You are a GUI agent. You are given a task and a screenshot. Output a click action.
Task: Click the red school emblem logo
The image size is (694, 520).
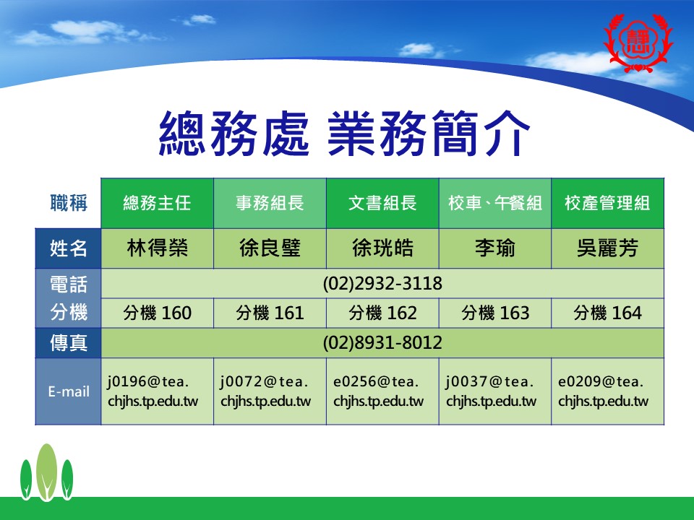tap(638, 43)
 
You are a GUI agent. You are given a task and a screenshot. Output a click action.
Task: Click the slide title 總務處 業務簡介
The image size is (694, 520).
tap(344, 134)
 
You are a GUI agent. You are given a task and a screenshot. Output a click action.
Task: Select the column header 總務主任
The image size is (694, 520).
tap(157, 204)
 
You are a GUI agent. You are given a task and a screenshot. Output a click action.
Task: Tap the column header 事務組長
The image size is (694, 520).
tap(270, 204)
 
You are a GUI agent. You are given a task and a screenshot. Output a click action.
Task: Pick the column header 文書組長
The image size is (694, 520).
tap(382, 204)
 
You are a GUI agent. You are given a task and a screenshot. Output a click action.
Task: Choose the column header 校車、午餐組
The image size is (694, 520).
tap(494, 204)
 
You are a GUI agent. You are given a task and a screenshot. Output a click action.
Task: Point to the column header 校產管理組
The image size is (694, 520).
tap(607, 204)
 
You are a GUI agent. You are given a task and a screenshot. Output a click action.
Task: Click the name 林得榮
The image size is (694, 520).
tap(157, 248)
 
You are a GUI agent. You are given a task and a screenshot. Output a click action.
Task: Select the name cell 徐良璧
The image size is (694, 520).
tap(270, 248)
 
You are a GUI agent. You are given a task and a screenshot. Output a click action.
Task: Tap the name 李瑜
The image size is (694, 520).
tap(494, 248)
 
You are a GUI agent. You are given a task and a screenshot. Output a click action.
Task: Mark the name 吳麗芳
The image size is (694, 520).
tap(607, 248)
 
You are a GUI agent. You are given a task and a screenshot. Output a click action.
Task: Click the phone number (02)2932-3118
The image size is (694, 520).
tap(382, 283)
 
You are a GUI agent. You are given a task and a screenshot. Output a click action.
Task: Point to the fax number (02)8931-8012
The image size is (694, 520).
tap(382, 342)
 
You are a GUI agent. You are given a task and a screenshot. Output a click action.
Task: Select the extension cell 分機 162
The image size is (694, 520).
tap(382, 313)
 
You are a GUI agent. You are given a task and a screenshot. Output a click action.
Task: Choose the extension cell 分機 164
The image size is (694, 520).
tap(607, 313)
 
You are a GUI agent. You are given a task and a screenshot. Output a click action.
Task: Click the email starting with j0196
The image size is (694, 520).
tap(153, 391)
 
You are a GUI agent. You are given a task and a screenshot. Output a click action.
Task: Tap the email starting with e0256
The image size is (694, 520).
tap(378, 391)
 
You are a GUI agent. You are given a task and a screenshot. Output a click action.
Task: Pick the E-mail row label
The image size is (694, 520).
tap(69, 391)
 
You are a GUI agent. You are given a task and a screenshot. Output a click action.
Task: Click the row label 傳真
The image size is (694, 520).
tap(69, 342)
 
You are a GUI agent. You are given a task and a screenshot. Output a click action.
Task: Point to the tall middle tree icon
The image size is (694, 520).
tap(46, 472)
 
